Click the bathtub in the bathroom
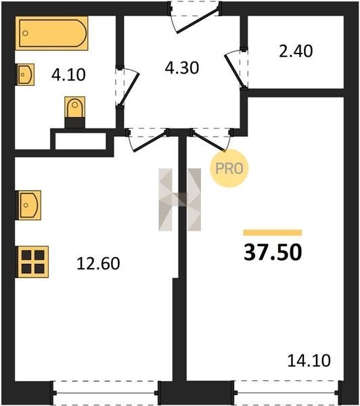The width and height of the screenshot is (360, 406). tap(52, 33)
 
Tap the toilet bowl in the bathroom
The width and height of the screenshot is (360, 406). tap(75, 112)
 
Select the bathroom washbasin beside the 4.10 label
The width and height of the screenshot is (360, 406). tap(25, 74)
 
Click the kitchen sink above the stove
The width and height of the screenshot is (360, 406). tap(28, 205)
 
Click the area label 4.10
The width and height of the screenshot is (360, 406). tap(68, 75)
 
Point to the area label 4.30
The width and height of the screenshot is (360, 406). tap(182, 68)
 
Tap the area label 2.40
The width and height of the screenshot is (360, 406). tap(296, 51)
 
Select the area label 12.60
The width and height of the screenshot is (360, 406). tap(98, 264)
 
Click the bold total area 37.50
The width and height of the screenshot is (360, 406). tap(273, 252)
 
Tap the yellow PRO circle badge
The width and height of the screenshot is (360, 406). tap(229, 168)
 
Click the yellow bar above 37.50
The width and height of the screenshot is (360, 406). tap(273, 233)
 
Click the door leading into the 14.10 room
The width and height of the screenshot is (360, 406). tap(208, 141)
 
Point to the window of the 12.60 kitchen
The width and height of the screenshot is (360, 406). tap(106, 392)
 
